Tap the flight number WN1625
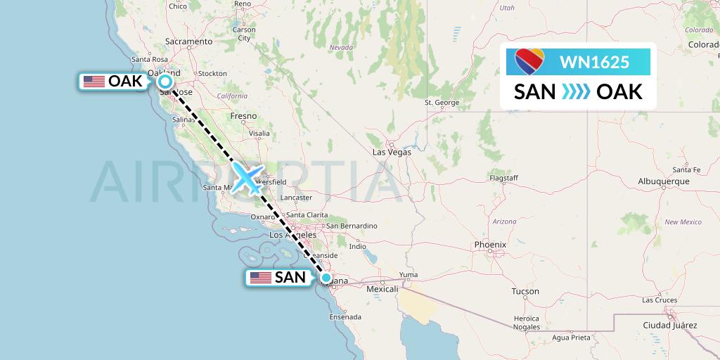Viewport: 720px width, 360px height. click(594, 62)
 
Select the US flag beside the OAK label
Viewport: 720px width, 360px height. click(94, 82)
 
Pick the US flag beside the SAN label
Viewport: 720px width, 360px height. click(261, 278)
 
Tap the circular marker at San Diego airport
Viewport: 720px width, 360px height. click(326, 278)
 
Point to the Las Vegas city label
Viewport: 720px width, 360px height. click(392, 152)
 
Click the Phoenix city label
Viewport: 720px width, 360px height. click(490, 245)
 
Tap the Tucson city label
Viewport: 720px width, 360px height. click(525, 291)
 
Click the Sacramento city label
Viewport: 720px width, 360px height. click(189, 41)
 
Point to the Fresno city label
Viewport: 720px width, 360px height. click(243, 115)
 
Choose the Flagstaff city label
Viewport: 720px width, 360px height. click(503, 179)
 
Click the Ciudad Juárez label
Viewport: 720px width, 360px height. click(669, 326)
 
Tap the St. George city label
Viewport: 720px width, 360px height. click(442, 103)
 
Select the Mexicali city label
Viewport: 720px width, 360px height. click(381, 289)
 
